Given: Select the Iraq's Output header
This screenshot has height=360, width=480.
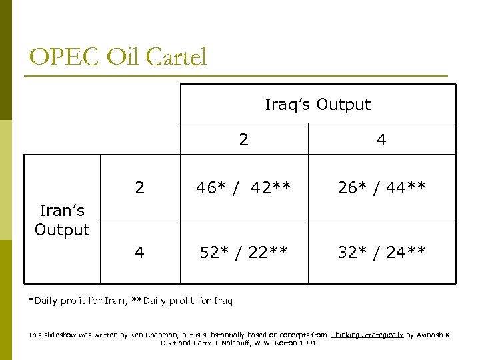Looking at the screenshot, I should [x=317, y=105].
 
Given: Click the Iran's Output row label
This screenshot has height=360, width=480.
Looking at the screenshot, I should [x=62, y=221].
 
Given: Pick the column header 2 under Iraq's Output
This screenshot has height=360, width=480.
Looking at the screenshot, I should [x=244, y=139].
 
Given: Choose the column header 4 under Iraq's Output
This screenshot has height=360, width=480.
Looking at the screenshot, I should [x=381, y=140].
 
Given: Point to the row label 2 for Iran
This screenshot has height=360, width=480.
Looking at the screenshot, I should [x=139, y=187].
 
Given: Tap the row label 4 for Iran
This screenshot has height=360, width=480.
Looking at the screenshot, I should [x=139, y=252].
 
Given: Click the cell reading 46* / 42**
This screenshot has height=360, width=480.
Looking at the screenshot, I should [x=243, y=187].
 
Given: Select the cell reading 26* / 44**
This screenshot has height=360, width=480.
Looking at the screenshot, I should [x=381, y=187].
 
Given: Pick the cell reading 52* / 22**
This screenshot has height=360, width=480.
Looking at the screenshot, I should [x=243, y=252].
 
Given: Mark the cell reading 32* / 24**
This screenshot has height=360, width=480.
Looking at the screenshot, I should [x=381, y=252].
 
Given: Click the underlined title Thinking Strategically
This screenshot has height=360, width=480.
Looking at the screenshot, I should [x=367, y=335].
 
